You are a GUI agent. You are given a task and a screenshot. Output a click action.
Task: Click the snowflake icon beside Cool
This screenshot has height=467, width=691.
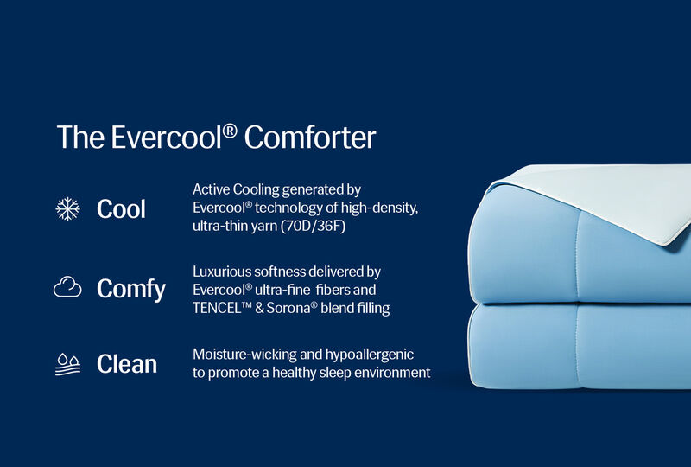[67, 208]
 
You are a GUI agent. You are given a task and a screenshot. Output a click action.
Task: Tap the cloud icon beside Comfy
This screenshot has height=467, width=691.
[67, 288]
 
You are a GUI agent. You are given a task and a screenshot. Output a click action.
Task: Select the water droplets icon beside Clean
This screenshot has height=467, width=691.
[67, 364]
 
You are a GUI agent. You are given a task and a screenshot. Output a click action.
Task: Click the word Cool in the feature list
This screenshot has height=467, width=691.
[121, 209]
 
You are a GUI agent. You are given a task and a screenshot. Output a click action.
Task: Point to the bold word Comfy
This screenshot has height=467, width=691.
[130, 289]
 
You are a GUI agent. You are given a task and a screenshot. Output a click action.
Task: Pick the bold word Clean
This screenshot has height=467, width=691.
[127, 365]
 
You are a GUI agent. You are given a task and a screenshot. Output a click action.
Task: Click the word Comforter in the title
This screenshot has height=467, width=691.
[310, 138]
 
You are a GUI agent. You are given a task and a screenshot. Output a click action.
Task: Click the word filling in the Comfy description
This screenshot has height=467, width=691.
[372, 309]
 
